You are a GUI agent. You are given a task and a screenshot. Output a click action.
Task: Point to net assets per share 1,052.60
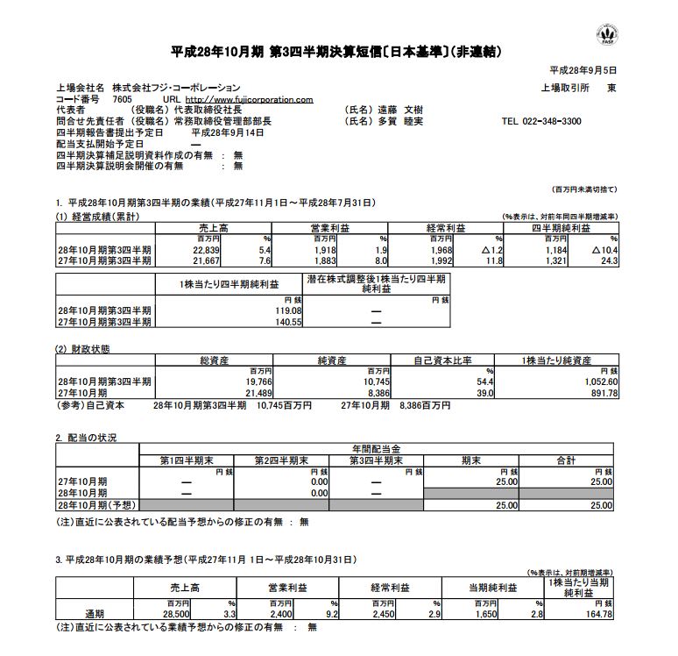(595, 381)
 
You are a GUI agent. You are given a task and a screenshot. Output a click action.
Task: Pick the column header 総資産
(215, 361)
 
